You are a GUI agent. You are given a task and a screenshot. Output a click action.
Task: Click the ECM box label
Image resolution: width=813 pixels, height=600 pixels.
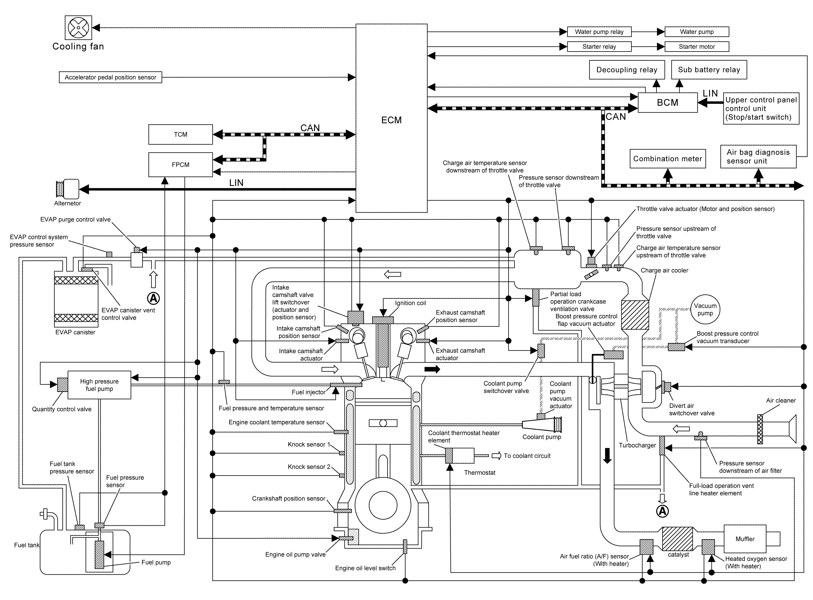point(391,120)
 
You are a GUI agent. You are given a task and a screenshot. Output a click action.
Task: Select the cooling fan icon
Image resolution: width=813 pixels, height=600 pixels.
point(78,28)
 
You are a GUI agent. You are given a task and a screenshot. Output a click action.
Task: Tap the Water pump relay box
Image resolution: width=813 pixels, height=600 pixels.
point(599,32)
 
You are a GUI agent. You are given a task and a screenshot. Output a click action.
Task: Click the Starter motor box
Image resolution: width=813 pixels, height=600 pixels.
point(696,46)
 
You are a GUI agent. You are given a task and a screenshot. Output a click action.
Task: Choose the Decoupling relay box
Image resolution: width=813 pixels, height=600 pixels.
point(627,70)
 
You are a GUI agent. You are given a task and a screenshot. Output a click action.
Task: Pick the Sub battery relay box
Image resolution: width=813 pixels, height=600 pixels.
point(709,70)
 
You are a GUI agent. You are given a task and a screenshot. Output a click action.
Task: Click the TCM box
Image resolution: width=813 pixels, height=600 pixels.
point(180,134)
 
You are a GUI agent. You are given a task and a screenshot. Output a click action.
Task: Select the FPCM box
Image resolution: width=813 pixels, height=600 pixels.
point(180,165)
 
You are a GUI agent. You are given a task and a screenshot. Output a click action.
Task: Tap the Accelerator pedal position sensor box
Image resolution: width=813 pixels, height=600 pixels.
point(110,77)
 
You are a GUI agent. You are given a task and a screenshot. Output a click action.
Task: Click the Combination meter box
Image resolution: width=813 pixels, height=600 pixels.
point(667,159)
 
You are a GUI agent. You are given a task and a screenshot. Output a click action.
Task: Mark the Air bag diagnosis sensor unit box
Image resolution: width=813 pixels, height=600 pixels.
point(758,157)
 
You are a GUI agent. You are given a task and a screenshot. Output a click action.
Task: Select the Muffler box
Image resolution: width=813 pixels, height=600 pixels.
point(745,539)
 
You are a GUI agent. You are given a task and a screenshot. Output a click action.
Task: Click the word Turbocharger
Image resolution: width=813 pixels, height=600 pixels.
point(637,445)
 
